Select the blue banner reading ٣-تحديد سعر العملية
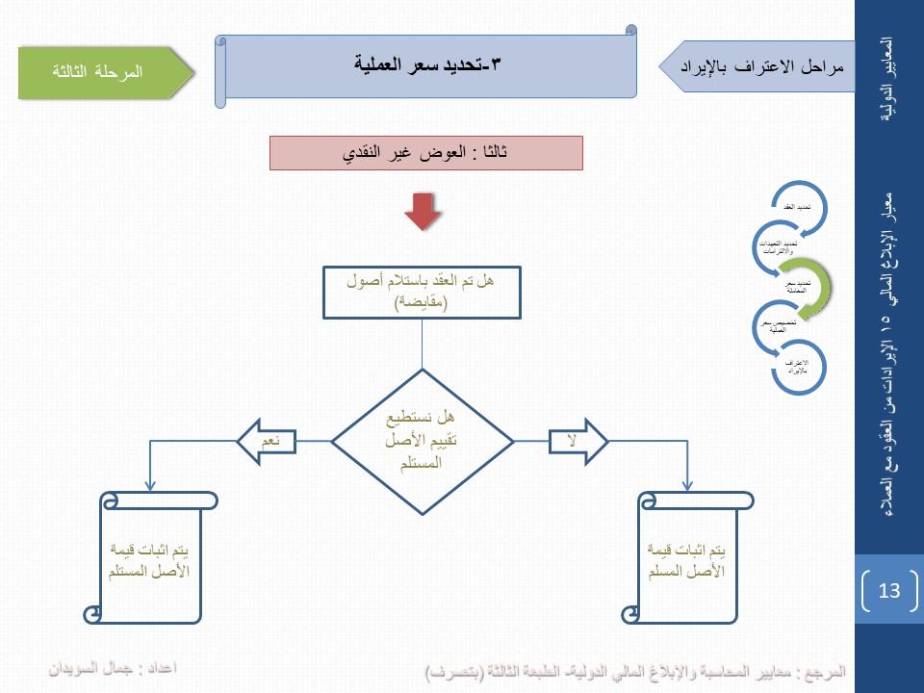(x=429, y=66)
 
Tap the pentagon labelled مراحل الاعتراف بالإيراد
(x=760, y=66)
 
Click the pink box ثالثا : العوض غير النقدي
(x=426, y=153)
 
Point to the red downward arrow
(x=422, y=211)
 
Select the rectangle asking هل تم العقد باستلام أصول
(x=422, y=293)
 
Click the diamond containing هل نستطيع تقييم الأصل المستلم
(x=424, y=441)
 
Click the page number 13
(x=888, y=590)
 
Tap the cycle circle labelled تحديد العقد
(x=797, y=208)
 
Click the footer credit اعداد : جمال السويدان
(x=115, y=667)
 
